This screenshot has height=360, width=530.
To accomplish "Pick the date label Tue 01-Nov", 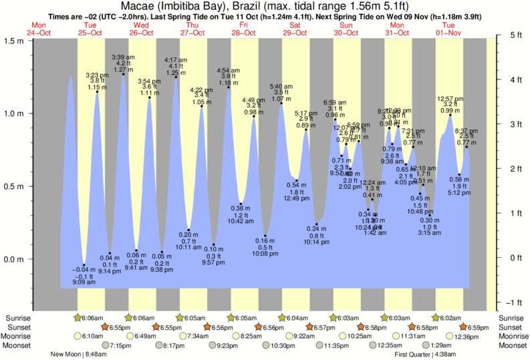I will (448, 28).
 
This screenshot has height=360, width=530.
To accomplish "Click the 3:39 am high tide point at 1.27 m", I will (123, 74).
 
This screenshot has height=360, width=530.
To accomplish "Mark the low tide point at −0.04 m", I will (84, 265).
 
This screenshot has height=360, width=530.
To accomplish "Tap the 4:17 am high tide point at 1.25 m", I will (176, 77).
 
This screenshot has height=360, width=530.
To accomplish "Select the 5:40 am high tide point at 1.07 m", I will (281, 104).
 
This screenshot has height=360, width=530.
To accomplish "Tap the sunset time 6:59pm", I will (477, 327).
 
